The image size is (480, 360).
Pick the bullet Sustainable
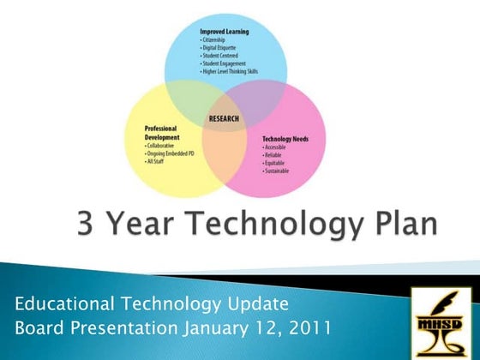pyautogui.click(x=278, y=171)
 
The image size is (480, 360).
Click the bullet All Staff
pyautogui.click(x=158, y=161)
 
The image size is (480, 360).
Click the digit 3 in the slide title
pyautogui.click(x=87, y=225)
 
